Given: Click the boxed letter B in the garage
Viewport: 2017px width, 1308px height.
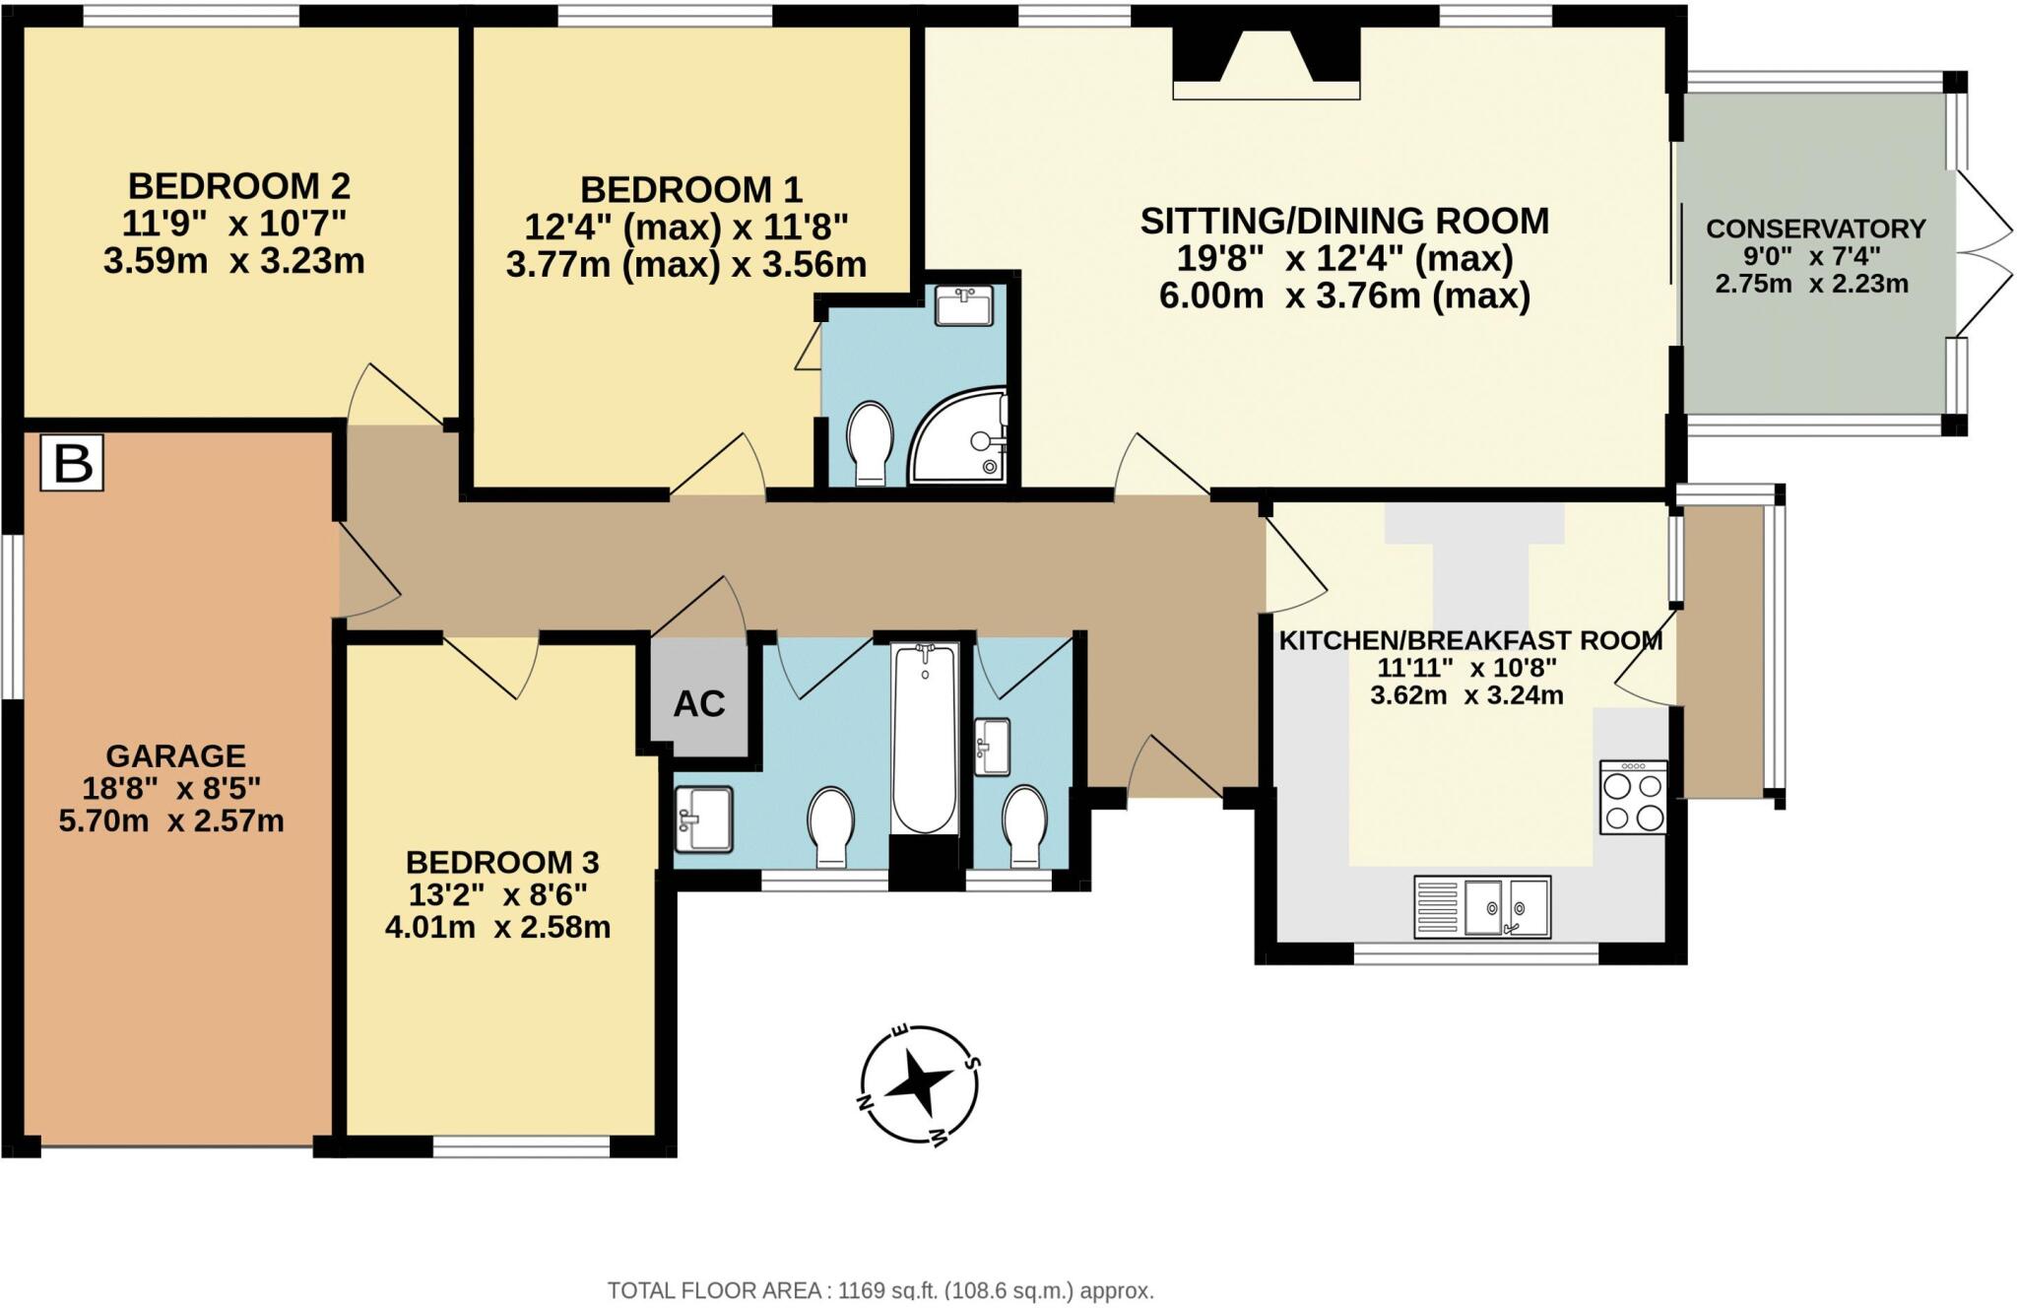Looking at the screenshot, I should coord(72,463).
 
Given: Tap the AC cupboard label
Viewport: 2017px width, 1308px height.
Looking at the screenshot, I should coord(699,704).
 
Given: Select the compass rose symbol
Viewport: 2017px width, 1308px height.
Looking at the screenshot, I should coord(918,1085).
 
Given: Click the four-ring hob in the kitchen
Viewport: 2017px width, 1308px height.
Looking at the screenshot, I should coord(1633,798).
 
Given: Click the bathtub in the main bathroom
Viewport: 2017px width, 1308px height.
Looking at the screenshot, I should coord(924,739).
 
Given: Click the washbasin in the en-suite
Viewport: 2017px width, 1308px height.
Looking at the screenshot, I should coord(963,305).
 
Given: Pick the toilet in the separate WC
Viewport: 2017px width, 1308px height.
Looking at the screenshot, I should coord(1024,825).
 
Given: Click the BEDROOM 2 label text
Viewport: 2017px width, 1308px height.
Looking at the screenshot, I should coord(239,185).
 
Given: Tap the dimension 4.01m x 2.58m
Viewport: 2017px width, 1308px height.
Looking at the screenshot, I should coord(497,928).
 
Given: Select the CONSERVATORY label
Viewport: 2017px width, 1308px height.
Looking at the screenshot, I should coord(1815,229).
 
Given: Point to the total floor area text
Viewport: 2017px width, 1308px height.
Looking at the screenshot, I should coord(879,1290).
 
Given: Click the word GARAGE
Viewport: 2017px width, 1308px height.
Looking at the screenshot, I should coord(175,755).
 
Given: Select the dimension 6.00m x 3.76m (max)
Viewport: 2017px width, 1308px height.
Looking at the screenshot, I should coord(1344,295).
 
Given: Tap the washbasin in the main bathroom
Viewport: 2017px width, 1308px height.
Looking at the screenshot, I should coord(703,818).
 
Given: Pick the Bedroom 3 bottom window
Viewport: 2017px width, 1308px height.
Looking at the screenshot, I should coord(521,1146).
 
